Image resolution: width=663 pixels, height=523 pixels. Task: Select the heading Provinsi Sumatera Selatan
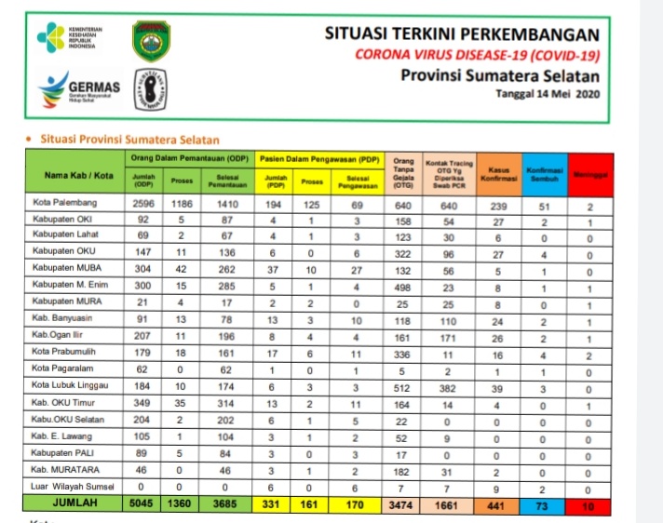pyautogui.click(x=500, y=75)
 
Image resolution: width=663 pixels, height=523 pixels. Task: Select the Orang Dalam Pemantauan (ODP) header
pyautogui.click(x=189, y=157)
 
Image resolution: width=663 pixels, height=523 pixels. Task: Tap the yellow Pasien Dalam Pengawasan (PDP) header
pyautogui.click(x=319, y=157)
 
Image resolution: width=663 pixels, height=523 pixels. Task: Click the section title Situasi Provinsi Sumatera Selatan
pyautogui.click(x=129, y=140)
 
